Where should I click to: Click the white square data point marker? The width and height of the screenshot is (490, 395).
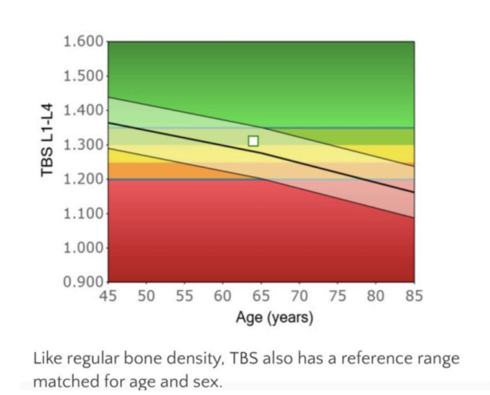pos(253,141)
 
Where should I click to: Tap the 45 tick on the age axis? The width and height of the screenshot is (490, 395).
pos(108,296)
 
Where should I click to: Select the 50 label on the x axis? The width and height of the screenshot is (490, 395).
pos(147,296)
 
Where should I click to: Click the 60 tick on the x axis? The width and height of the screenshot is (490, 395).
pos(223,296)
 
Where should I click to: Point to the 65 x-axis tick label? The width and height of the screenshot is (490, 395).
pos(261,296)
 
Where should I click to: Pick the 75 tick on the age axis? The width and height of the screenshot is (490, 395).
pos(338,296)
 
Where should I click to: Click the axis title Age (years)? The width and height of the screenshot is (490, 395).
pos(274,318)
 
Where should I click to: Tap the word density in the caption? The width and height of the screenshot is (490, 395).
pos(186,360)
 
